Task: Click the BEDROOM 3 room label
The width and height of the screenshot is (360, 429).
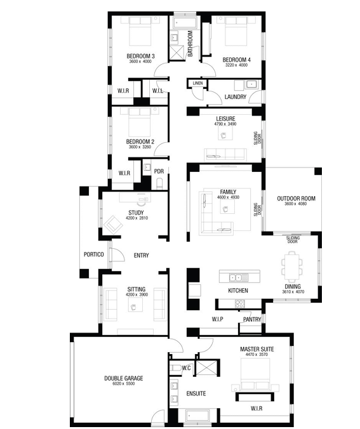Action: pyautogui.click(x=140, y=56)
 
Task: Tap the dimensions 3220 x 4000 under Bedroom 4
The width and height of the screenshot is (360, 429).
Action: pyautogui.click(x=236, y=65)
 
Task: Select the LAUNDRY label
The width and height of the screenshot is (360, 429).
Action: pyautogui.click(x=236, y=97)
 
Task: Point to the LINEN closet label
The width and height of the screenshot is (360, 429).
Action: pyautogui.click(x=197, y=83)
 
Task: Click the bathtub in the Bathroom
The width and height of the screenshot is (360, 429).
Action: pyautogui.click(x=185, y=23)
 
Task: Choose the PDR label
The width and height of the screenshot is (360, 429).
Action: pyautogui.click(x=159, y=171)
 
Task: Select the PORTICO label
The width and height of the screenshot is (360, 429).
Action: pyautogui.click(x=93, y=254)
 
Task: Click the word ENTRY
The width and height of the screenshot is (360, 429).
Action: pyautogui.click(x=141, y=256)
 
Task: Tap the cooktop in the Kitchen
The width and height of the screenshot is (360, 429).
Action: pyautogui.click(x=240, y=303)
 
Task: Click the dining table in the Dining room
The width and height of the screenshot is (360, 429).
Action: pyautogui.click(x=292, y=267)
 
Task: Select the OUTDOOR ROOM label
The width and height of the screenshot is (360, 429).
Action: pyautogui.click(x=297, y=199)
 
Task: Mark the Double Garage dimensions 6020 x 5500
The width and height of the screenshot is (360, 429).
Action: pyautogui.click(x=123, y=383)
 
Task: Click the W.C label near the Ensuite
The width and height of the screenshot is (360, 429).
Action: pyautogui.click(x=187, y=368)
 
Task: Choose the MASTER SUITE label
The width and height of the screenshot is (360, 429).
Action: pyautogui.click(x=257, y=349)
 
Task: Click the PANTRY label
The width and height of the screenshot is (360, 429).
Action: pyautogui.click(x=252, y=319)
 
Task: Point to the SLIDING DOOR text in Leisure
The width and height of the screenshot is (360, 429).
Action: pyautogui.click(x=257, y=138)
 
